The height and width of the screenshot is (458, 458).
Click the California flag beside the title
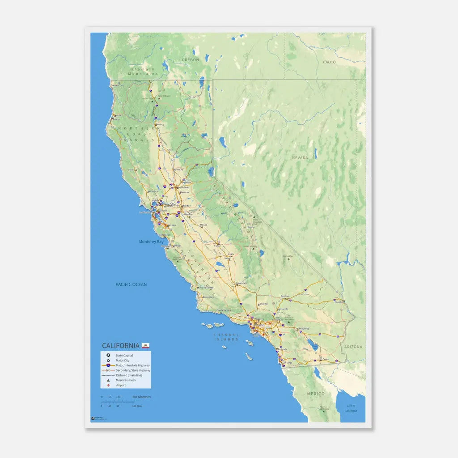point(145,345)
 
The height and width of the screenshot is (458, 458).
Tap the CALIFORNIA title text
point(120,346)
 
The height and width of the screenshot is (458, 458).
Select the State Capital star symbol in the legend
point(108,355)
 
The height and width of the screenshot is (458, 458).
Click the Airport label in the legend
point(121,385)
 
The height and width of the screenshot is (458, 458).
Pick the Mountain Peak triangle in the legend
point(108,380)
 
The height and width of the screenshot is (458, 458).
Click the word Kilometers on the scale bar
point(144,397)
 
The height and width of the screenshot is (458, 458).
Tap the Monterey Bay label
point(151,242)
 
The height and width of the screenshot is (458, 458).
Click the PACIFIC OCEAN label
point(131,284)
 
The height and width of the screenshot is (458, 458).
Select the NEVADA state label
point(300,158)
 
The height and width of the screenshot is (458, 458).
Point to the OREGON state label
point(190,60)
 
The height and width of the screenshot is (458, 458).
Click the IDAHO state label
point(329,62)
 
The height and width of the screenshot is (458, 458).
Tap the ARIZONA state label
point(353,347)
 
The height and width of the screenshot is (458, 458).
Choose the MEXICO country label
point(315,394)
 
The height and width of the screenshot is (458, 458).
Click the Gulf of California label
point(351,408)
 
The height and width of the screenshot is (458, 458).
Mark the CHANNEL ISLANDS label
point(226,337)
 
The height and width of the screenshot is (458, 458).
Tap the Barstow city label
point(284,296)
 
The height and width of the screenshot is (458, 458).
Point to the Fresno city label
point(218,245)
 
